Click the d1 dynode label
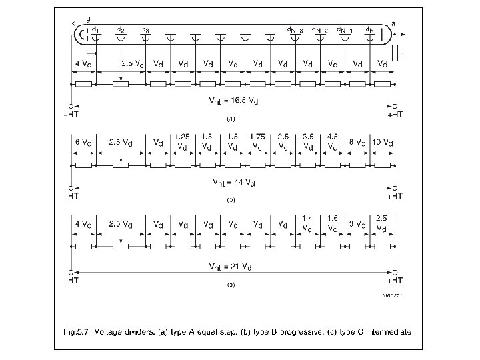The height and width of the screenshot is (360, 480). pyautogui.click(x=96, y=30)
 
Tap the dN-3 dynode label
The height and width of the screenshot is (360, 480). pyautogui.click(x=296, y=30)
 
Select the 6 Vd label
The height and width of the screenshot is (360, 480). pyautogui.click(x=83, y=143)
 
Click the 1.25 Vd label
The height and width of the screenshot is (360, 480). pyautogui.click(x=182, y=141)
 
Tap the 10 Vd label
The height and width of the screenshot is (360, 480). pyautogui.click(x=383, y=143)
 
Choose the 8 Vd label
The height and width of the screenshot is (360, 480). pyautogui.click(x=358, y=143)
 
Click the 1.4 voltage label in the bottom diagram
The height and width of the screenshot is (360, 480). pyautogui.click(x=307, y=219)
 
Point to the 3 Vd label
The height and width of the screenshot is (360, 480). pyautogui.click(x=357, y=224)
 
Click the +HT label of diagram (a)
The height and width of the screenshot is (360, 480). pyautogui.click(x=395, y=115)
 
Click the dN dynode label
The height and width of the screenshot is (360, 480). pyautogui.click(x=370, y=30)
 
